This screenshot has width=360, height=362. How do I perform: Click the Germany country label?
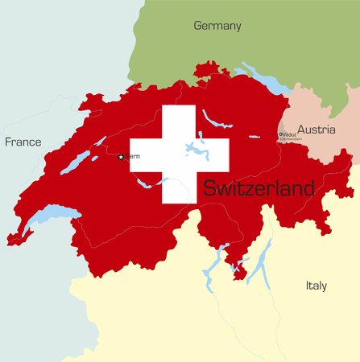coord(217,26)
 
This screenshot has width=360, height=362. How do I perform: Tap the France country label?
coord(23,142)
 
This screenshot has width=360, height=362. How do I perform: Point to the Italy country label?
coord(317,285)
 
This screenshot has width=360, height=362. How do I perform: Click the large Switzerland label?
coord(259,189)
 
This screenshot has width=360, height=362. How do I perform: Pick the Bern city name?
coord(132,156)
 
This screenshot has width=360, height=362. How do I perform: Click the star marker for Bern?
coord(121,157)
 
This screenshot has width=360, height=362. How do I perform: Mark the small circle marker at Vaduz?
coord(281,134)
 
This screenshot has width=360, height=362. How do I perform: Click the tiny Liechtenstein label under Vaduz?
coord(291,140)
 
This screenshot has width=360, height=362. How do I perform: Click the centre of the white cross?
coord(179,154)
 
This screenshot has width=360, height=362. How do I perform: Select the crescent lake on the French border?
coord(50,216)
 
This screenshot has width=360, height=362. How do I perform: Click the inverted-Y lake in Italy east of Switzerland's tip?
coord(260,261)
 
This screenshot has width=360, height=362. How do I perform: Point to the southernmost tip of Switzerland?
coord(238,278)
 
